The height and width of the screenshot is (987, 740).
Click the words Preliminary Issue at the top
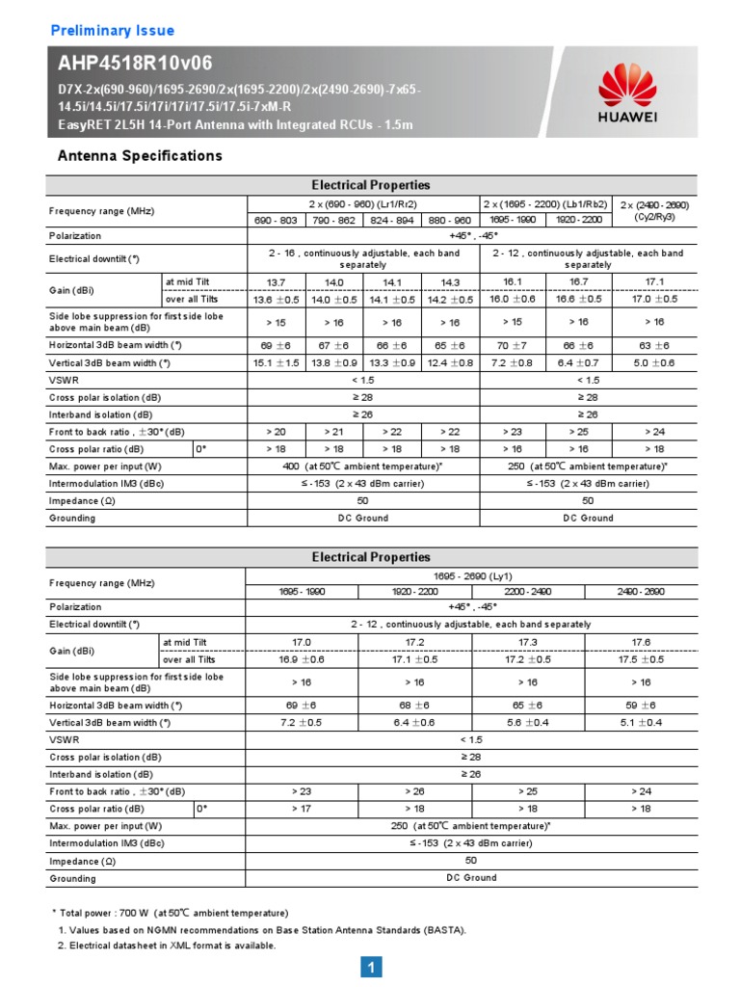pyautogui.click(x=112, y=31)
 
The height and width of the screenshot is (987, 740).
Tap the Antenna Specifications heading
pyautogui.click(x=140, y=156)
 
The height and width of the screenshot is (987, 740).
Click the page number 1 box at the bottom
pyautogui.click(x=372, y=967)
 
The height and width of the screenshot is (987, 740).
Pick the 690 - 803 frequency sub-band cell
pyautogui.click(x=276, y=221)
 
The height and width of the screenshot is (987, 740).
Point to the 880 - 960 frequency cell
pyautogui.click(x=450, y=221)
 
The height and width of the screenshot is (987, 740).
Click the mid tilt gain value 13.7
pyautogui.click(x=276, y=281)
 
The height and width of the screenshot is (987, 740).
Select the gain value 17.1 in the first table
pyautogui.click(x=655, y=281)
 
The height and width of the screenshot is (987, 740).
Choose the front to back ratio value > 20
pyautogui.click(x=276, y=432)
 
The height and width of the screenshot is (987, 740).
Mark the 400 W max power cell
pyautogui.click(x=363, y=467)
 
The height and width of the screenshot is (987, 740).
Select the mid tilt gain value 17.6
pyautogui.click(x=641, y=641)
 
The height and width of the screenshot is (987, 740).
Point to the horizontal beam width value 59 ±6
pyautogui.click(x=641, y=705)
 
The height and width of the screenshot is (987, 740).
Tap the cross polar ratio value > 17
pyautogui.click(x=302, y=809)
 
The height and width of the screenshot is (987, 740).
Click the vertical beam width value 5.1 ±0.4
pyautogui.click(x=641, y=722)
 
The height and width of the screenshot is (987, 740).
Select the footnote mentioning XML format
pyautogui.click(x=167, y=946)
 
